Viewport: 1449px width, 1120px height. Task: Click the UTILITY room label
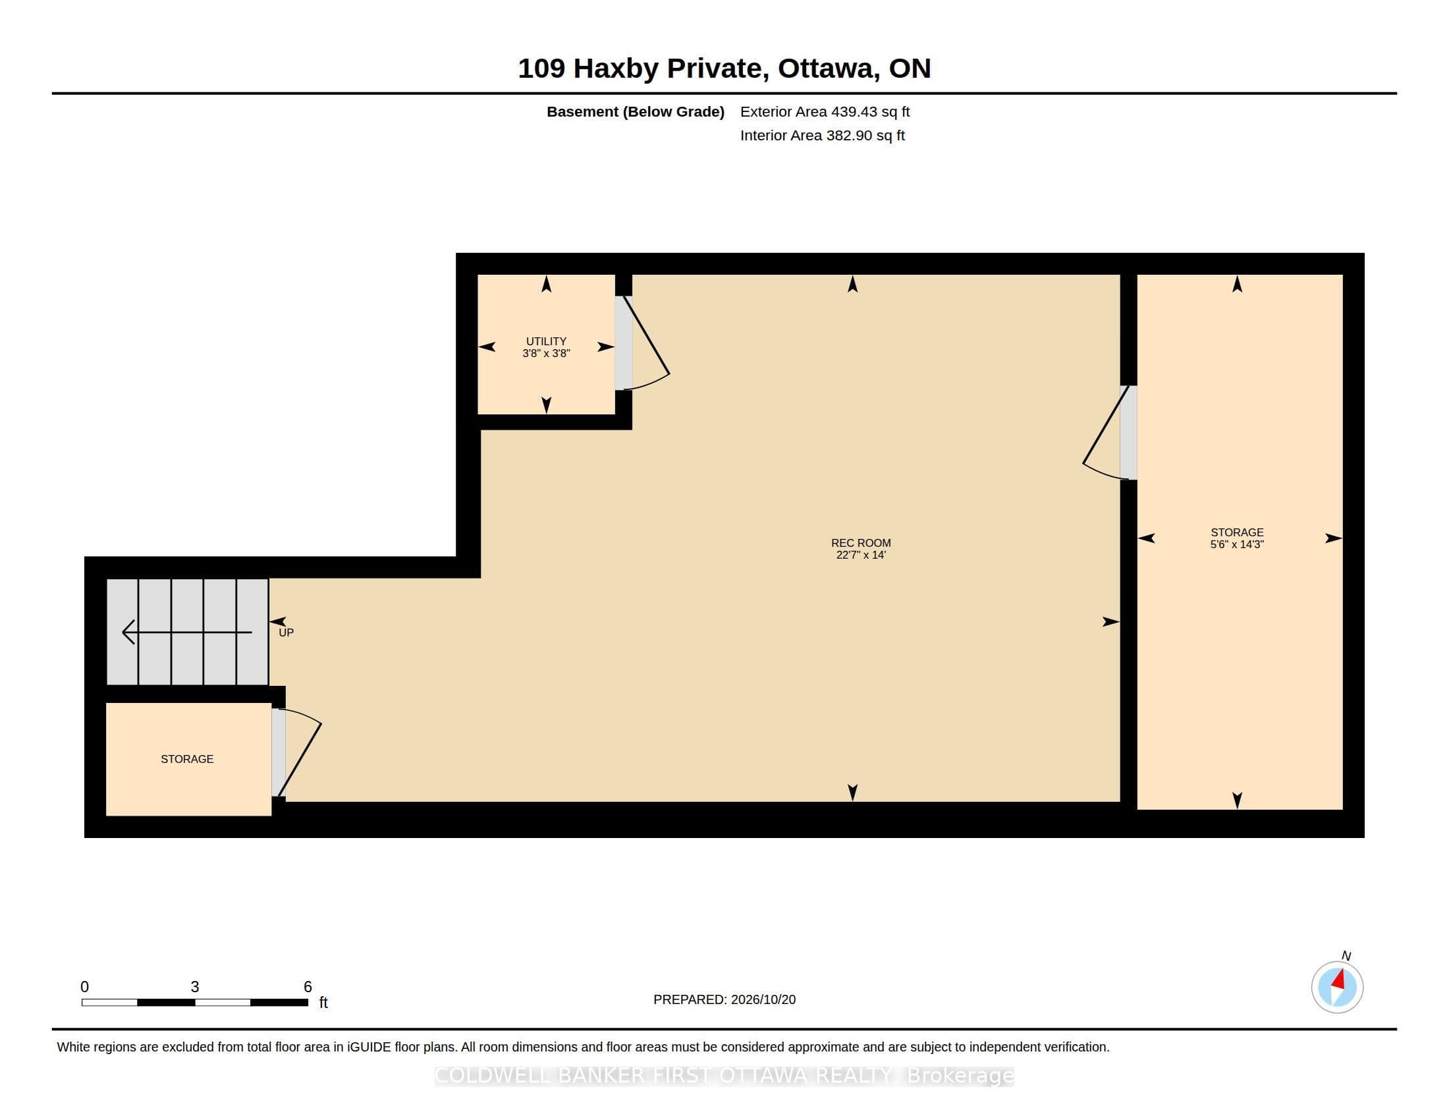546,341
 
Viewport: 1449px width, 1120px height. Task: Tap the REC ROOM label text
861,543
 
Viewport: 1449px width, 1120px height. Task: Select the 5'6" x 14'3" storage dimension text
1237,544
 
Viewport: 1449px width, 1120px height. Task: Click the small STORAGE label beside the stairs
187,759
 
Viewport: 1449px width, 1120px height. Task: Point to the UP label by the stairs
286,633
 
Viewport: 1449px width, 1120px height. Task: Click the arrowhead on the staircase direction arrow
128,632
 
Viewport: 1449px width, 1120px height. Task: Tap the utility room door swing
645,343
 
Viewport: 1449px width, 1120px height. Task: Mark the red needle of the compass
1339,979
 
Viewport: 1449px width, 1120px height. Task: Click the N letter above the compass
1346,955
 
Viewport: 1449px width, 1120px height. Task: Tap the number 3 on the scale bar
195,987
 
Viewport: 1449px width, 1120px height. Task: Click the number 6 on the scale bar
308,987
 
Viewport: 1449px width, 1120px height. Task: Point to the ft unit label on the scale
324,1002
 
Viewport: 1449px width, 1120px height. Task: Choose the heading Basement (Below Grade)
636,111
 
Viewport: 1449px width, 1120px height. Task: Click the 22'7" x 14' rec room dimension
861,555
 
